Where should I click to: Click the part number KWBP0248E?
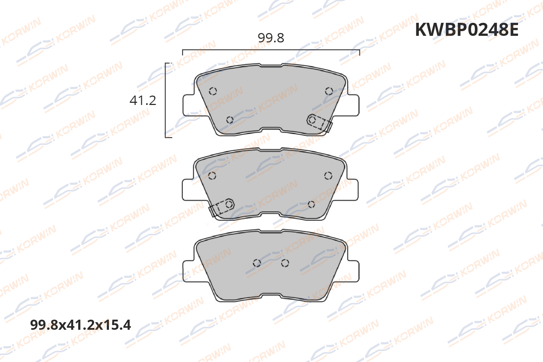(466, 30)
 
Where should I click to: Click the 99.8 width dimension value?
(271, 38)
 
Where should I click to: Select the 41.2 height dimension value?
(143, 100)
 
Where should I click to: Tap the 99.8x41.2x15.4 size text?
(80, 325)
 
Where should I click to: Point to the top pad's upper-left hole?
(213, 91)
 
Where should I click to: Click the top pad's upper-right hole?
(329, 91)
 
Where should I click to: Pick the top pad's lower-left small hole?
(230, 120)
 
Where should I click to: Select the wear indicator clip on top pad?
(319, 123)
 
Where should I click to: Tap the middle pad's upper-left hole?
(212, 176)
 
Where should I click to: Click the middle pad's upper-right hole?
(328, 176)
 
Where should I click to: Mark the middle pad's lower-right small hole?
(311, 205)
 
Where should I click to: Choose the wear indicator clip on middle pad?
(222, 207)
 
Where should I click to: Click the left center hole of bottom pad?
(257, 263)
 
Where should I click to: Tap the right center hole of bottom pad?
(285, 263)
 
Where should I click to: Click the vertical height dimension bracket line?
(165, 100)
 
